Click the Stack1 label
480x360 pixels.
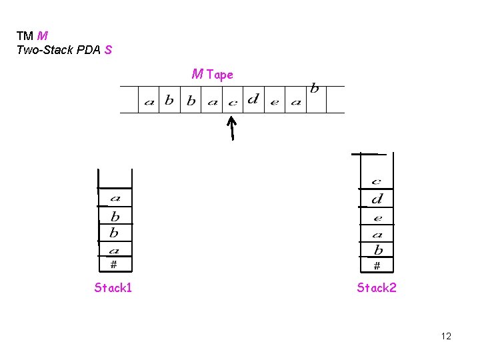pyautogui.click(x=113, y=288)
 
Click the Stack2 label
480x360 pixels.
pyautogui.click(x=376, y=288)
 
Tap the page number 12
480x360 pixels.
pyautogui.click(x=446, y=336)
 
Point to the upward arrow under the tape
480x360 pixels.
pyautogui.click(x=232, y=128)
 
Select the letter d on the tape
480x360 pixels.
pyautogui.click(x=253, y=100)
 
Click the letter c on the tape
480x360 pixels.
pyautogui.click(x=232, y=103)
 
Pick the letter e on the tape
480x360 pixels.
pyautogui.click(x=274, y=102)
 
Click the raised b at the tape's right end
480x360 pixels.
pyautogui.click(x=315, y=89)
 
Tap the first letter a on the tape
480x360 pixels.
pyautogui.click(x=149, y=102)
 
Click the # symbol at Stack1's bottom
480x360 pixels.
pyautogui.click(x=113, y=265)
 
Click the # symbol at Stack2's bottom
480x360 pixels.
pyautogui.click(x=377, y=265)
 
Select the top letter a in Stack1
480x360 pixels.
pyautogui.click(x=115, y=198)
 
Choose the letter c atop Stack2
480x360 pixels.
pyautogui.click(x=376, y=181)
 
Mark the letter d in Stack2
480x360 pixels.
pyautogui.click(x=377, y=199)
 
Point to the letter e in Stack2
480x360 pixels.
pyautogui.click(x=377, y=218)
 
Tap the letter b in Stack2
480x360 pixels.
pyautogui.click(x=378, y=250)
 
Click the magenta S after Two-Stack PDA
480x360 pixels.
pyautogui.click(x=108, y=50)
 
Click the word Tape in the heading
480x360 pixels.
pyautogui.click(x=220, y=75)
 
